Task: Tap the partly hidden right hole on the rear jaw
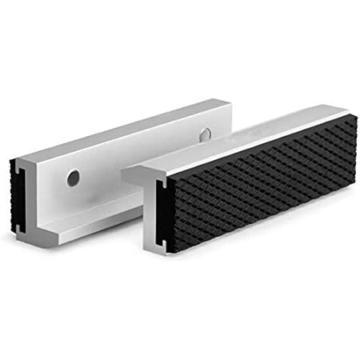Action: click(206, 132)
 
